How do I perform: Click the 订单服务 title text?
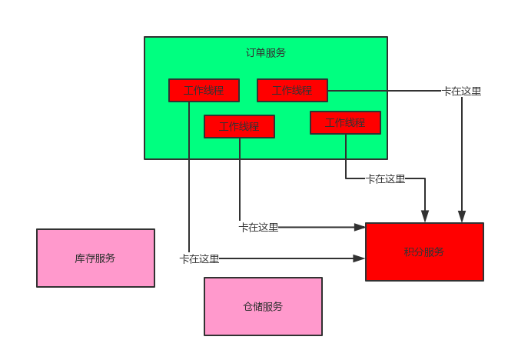tap(265, 53)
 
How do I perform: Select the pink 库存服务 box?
tap(95, 258)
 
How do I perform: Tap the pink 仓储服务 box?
tap(263, 306)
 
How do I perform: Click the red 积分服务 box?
tap(424, 252)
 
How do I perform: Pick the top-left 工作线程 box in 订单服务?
tap(204, 90)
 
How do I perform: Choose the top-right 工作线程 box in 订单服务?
tap(292, 90)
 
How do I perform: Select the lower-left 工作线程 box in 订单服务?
tap(239, 126)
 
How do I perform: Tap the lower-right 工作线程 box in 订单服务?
tap(345, 122)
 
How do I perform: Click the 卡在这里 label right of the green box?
tap(462, 91)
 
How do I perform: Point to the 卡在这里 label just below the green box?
tap(385, 178)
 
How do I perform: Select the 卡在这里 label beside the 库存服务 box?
tap(200, 258)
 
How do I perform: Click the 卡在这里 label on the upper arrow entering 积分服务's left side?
tap(258, 227)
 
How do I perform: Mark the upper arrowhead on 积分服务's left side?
tap(360, 227)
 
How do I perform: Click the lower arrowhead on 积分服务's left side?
tap(360, 258)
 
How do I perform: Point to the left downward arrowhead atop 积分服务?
tap(425, 217)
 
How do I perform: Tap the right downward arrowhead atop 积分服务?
tap(462, 217)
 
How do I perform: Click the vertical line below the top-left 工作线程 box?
tap(188, 177)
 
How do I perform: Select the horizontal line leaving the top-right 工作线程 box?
tap(384, 91)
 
